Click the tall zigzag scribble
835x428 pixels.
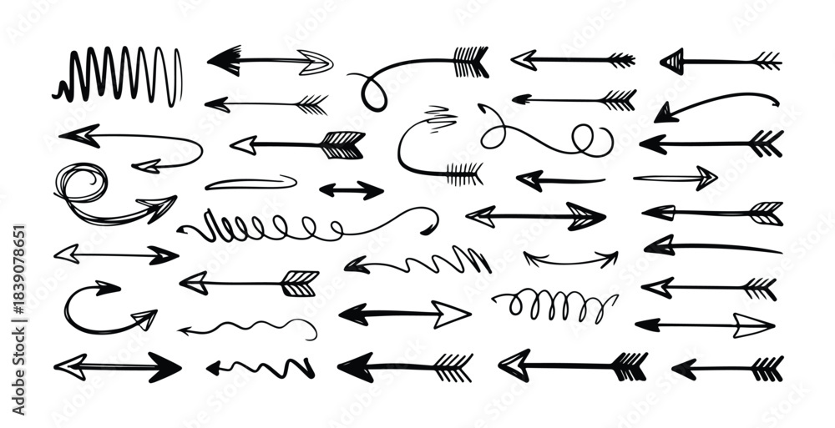117,76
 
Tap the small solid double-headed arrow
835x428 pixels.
351,190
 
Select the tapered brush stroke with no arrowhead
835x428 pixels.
250,182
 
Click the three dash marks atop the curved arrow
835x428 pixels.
440,117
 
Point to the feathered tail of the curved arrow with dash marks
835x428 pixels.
464,174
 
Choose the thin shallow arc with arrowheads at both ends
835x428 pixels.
570,259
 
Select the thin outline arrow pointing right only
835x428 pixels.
676,178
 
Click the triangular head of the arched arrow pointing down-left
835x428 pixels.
665,113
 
